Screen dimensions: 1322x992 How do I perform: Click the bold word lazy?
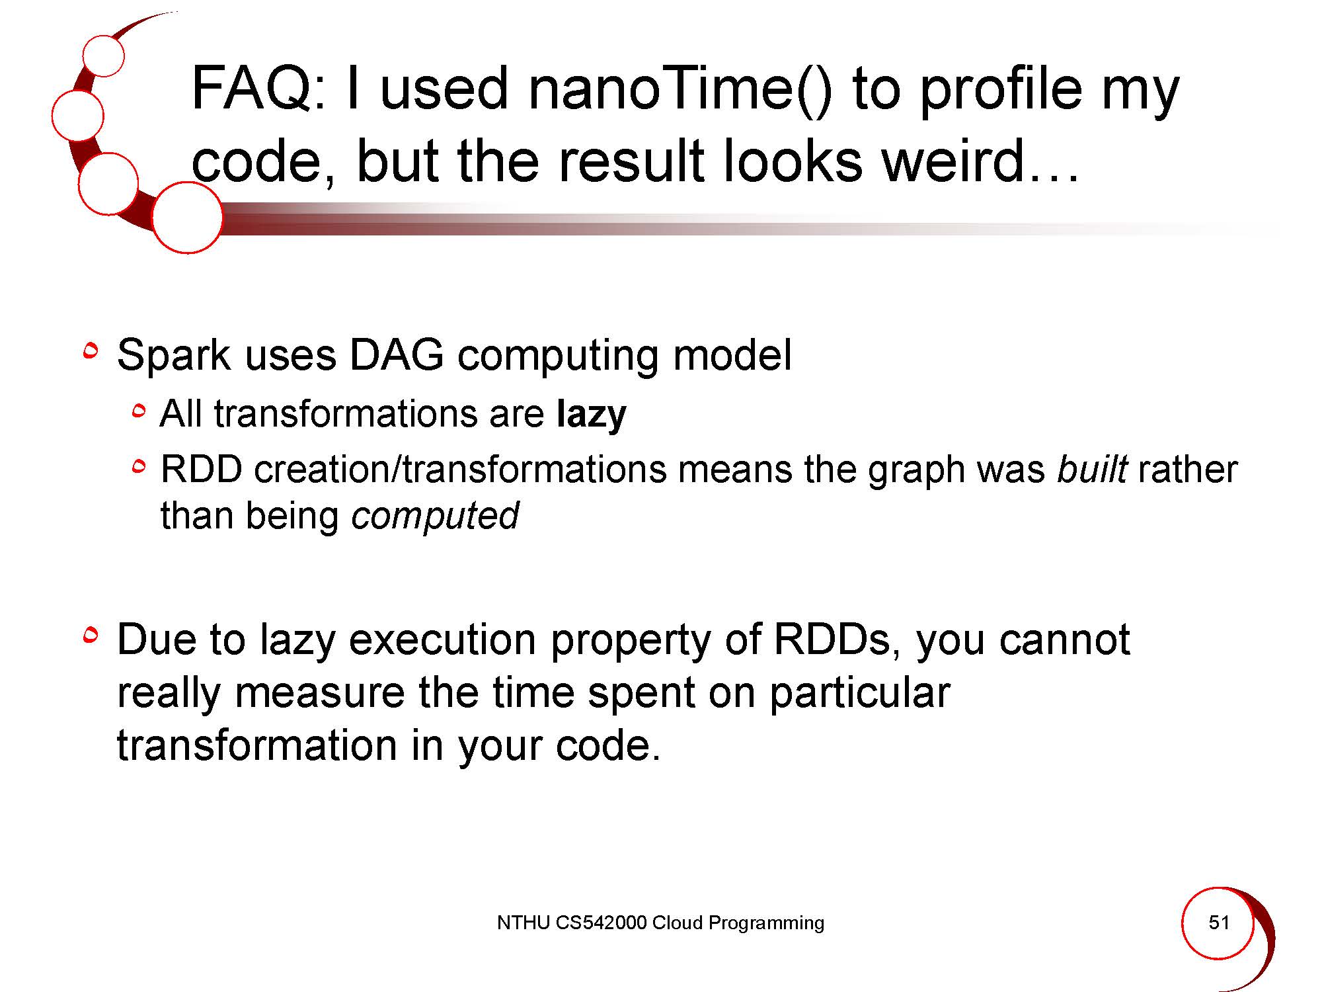click(x=592, y=415)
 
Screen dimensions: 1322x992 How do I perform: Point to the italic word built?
click(x=1091, y=470)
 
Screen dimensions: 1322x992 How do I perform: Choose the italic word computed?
click(x=435, y=517)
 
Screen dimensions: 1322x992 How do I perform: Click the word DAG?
click(x=396, y=355)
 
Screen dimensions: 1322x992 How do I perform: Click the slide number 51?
click(x=1219, y=923)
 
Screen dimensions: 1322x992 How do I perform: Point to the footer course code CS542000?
click(x=601, y=923)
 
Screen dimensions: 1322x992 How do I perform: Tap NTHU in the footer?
click(x=524, y=923)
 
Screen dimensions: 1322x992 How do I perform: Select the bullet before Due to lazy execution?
click(x=91, y=636)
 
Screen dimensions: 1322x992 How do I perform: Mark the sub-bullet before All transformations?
click(x=138, y=411)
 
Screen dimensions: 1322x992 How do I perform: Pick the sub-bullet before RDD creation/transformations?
click(x=138, y=468)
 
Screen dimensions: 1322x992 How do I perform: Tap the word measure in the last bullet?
click(x=319, y=693)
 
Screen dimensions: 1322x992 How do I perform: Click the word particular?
click(x=860, y=694)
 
